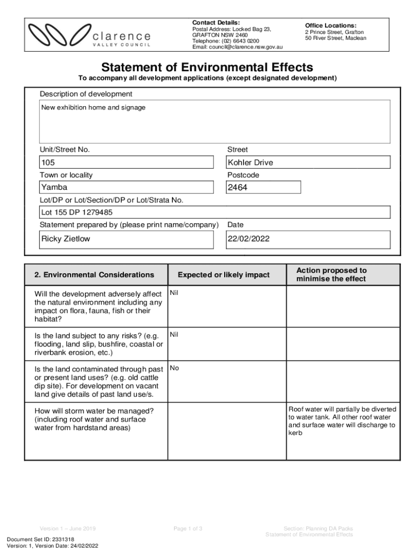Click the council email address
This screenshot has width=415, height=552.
tap(237, 47)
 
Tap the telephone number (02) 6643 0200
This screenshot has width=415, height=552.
tap(226, 41)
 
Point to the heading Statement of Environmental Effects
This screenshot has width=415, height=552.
tap(207, 67)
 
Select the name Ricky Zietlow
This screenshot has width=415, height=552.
tap(66, 239)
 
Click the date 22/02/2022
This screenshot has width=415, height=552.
tap(248, 239)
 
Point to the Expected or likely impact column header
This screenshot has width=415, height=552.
tap(224, 275)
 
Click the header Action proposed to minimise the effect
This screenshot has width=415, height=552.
tap(331, 274)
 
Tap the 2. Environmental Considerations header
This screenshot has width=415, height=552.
tap(94, 275)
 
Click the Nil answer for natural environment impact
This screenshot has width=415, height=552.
tap(174, 293)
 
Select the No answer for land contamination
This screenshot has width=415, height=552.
tap(174, 368)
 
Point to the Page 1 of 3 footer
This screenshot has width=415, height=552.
tap(188, 528)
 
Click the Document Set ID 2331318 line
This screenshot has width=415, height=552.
tap(40, 539)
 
